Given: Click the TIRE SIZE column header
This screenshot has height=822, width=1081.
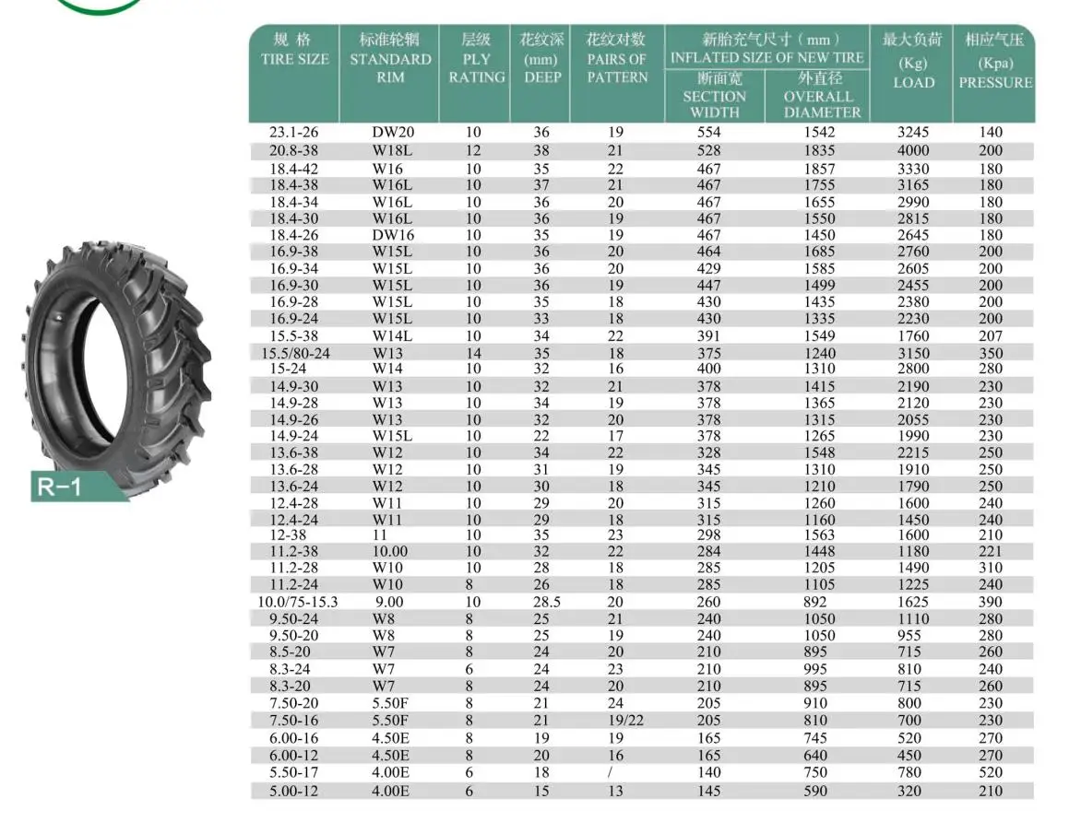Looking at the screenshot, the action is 294,49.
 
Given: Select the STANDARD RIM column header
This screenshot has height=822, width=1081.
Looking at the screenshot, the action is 390,58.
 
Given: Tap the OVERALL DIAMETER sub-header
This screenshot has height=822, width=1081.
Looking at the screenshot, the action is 819,96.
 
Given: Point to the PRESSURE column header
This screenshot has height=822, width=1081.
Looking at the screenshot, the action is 995,62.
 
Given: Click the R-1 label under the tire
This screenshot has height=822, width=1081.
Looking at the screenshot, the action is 59,487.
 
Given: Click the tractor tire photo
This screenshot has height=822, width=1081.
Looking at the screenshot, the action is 116,365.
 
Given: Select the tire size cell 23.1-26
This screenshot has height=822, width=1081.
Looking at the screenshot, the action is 293,133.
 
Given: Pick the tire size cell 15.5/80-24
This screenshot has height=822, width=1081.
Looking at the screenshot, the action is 295,354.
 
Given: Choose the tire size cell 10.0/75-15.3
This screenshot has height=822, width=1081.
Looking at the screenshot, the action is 298,602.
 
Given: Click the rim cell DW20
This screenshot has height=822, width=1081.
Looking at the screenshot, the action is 393,133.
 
